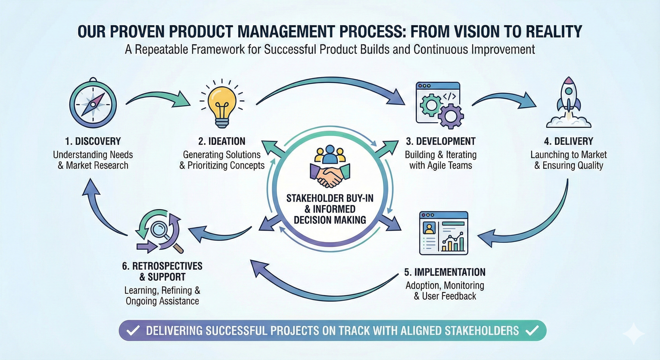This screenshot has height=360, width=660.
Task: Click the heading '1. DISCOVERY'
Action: [93, 141]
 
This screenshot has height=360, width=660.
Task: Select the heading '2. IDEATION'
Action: [222, 141]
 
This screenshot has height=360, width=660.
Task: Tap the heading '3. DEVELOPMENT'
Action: [441, 141]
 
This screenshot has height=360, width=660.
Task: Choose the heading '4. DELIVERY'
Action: [569, 141]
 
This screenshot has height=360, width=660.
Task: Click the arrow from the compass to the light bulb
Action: [158, 99]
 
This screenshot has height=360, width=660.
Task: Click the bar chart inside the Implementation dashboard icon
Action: [453, 243]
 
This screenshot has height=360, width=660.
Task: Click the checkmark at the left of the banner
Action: [133, 331]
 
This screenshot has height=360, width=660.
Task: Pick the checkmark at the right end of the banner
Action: [532, 331]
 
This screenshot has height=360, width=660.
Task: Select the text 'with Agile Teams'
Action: [441, 165]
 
